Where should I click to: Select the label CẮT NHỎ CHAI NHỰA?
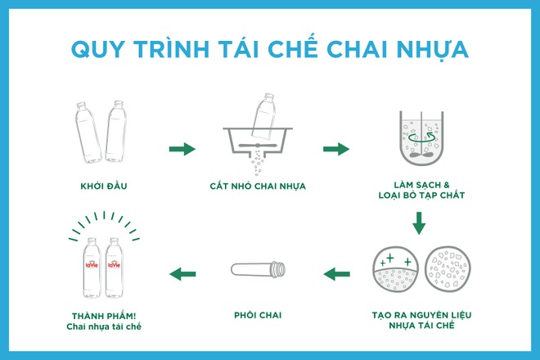click(258, 186)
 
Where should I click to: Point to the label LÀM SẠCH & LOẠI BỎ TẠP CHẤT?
click(417, 191)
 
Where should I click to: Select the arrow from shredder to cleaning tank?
click(336, 149)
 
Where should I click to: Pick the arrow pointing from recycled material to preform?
click(336, 273)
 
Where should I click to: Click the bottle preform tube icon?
click(258, 269)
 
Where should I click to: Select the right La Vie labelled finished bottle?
click(115, 270)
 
